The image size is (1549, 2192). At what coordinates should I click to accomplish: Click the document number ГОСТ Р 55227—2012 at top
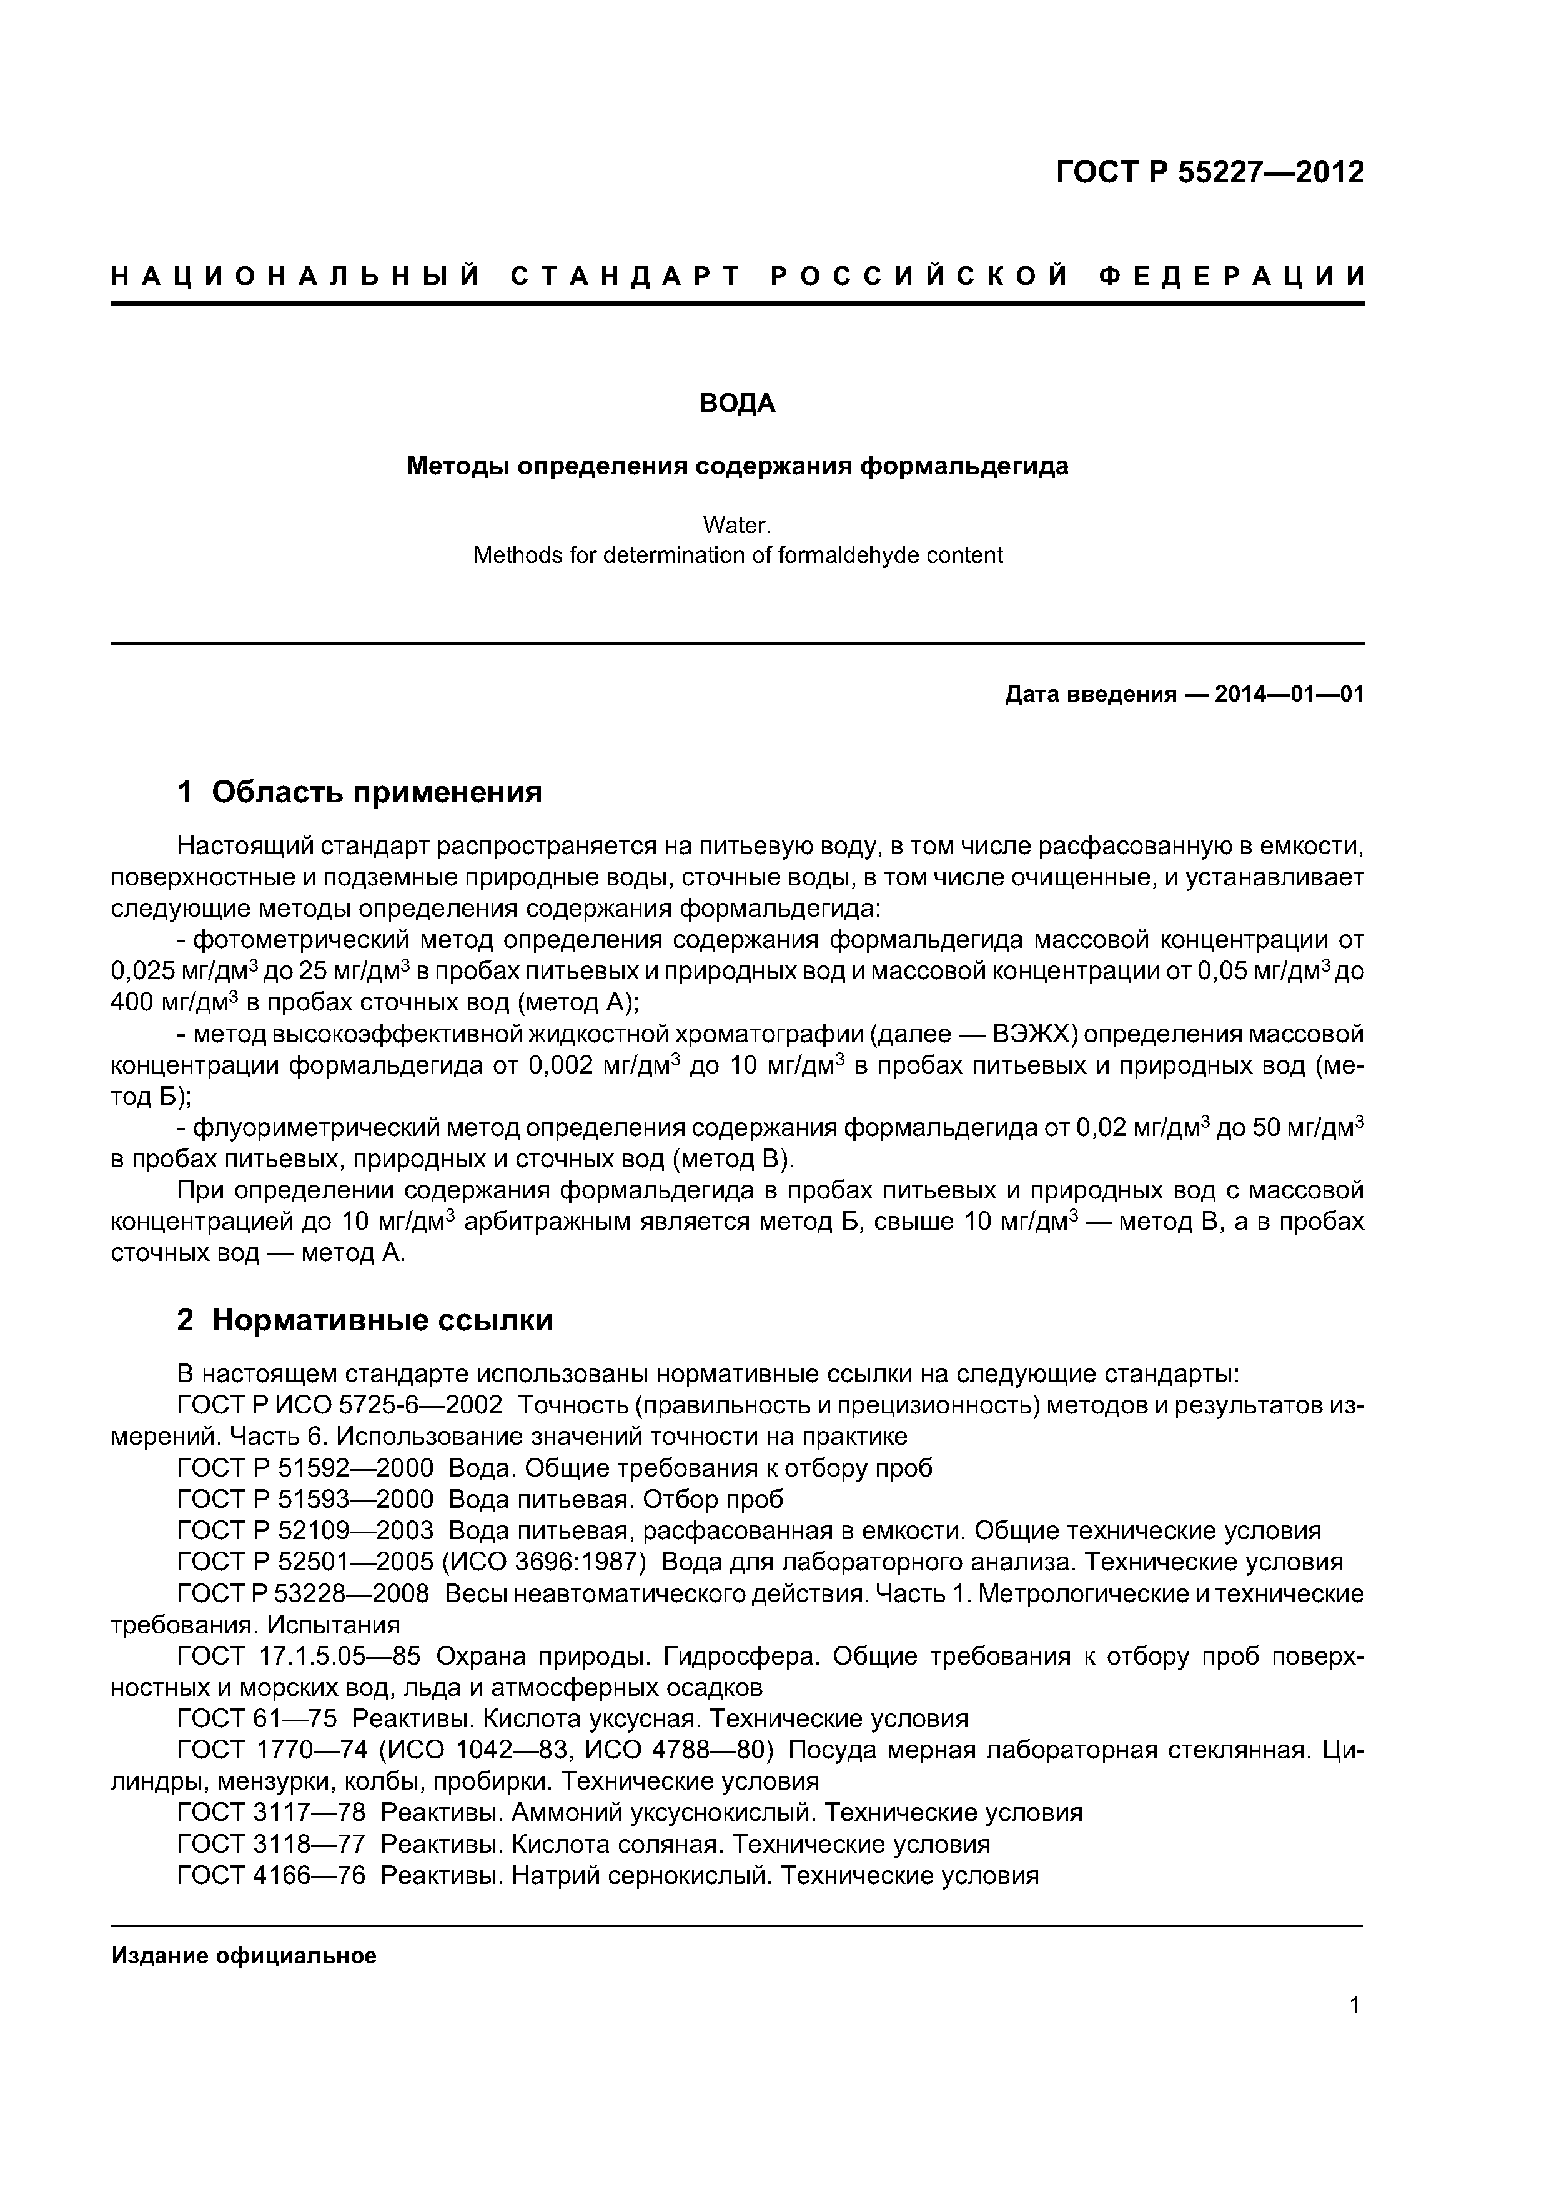[1209, 172]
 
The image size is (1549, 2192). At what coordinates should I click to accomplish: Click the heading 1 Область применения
[360, 792]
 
